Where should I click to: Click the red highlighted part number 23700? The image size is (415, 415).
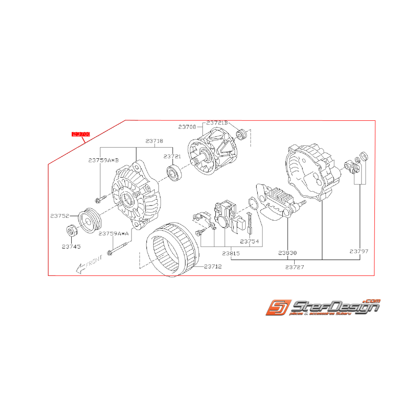81,134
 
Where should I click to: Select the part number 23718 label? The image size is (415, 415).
154,140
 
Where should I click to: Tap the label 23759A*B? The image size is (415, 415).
103,160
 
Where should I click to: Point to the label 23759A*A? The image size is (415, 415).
114,234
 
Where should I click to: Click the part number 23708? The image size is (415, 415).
187,127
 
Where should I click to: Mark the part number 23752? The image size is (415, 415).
59,216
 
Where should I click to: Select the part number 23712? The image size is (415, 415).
213,267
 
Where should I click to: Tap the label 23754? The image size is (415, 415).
250,241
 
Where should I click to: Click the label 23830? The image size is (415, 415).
288,253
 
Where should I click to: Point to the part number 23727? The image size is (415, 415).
295,267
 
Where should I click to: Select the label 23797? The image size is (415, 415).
359,251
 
